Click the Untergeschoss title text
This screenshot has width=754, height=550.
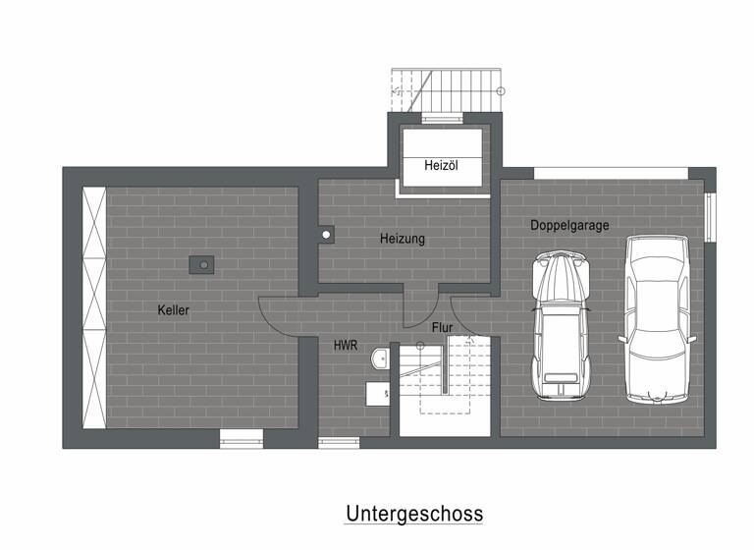coord(413,514)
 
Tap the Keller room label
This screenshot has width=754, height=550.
coord(173,310)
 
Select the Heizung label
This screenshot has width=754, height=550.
coord(403,239)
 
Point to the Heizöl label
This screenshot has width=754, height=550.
coord(442,165)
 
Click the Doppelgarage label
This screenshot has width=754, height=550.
coord(569,225)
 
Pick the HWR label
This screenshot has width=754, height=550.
coord(345,346)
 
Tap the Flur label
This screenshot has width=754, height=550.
coord(441,326)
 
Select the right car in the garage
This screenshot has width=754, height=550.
coord(659,319)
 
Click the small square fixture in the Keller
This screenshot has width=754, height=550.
coord(202,263)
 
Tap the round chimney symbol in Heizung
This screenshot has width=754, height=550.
coord(326,235)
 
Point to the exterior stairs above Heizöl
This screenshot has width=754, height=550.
coord(447,92)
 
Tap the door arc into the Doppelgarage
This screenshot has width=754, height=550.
coord(470,314)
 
